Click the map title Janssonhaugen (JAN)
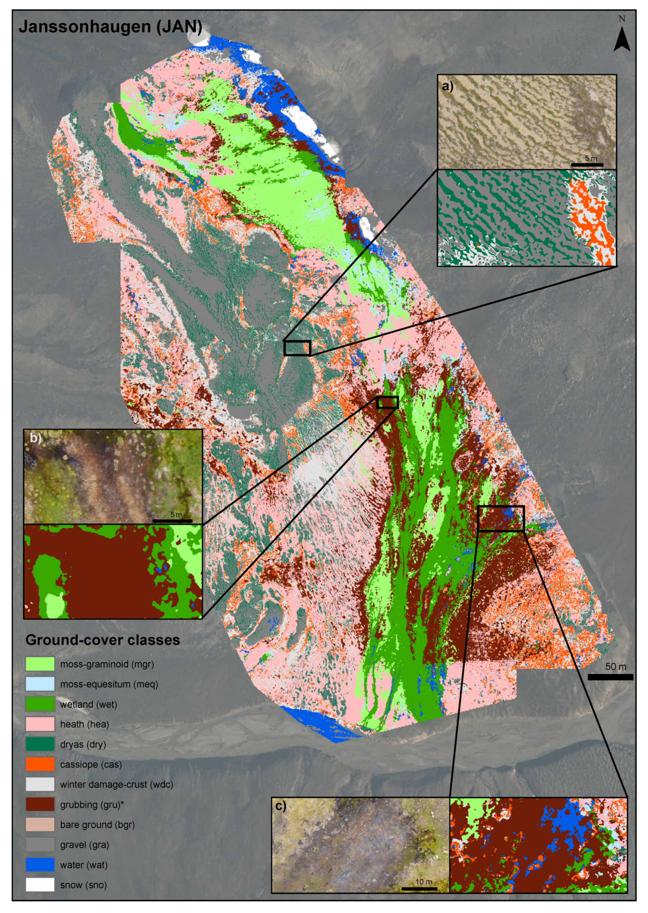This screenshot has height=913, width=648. pyautogui.click(x=110, y=27)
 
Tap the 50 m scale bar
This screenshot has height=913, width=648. pyautogui.click(x=610, y=677)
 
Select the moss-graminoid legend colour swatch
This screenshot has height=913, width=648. pyautogui.click(x=40, y=664)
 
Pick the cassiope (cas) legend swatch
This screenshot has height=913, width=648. pyautogui.click(x=40, y=764)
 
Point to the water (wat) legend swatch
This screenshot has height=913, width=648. pyautogui.click(x=40, y=865)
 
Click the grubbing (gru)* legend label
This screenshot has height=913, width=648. pyautogui.click(x=92, y=805)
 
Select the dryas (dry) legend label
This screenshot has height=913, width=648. pyautogui.click(x=83, y=744)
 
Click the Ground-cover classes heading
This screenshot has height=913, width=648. pyautogui.click(x=103, y=640)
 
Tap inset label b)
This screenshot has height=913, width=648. pyautogui.click(x=36, y=438)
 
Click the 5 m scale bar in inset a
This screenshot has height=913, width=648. pyautogui.click(x=586, y=164)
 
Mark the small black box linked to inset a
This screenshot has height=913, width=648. pyautogui.click(x=297, y=348)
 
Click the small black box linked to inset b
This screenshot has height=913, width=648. pyautogui.click(x=387, y=402)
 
